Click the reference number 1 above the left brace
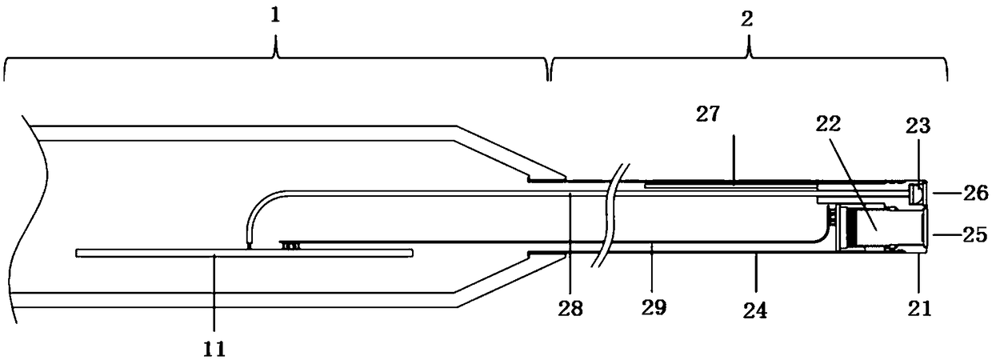[275, 17]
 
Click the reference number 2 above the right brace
[748, 18]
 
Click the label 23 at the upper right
[918, 124]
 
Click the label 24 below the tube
[756, 309]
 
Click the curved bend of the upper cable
[258, 203]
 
